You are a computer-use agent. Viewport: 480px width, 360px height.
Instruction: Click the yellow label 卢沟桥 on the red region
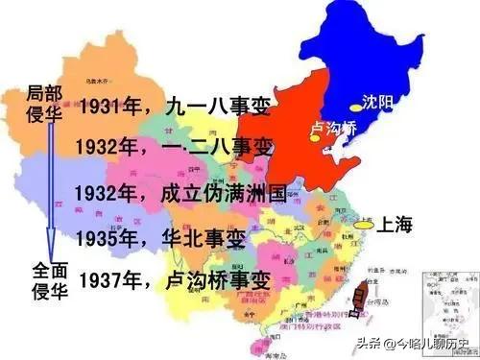point(334,127)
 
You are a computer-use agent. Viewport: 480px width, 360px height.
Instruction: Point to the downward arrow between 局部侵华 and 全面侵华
point(49,192)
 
